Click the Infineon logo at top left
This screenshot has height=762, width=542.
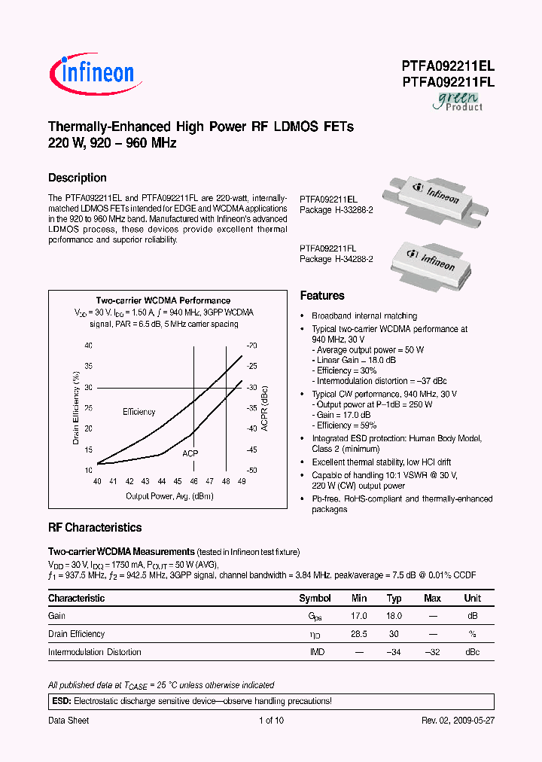[x=92, y=72]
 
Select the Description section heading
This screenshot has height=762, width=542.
[x=77, y=178]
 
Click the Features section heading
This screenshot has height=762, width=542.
[x=322, y=296]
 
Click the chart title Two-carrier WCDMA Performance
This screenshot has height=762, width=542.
[x=163, y=300]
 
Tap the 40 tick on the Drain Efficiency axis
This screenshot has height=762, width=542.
[x=88, y=346]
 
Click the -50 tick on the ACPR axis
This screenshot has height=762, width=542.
[x=251, y=470]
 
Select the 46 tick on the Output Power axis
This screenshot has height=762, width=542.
[x=193, y=481]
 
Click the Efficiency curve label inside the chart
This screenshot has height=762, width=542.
[x=139, y=412]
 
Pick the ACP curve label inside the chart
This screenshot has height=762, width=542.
[x=190, y=454]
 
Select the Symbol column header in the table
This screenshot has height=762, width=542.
[x=315, y=598]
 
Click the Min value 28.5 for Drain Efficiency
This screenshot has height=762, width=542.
[x=359, y=634]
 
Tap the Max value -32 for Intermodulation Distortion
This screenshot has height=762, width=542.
[x=432, y=652]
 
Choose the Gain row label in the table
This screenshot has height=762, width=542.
[x=57, y=616]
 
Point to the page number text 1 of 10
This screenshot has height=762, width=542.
[x=271, y=721]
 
